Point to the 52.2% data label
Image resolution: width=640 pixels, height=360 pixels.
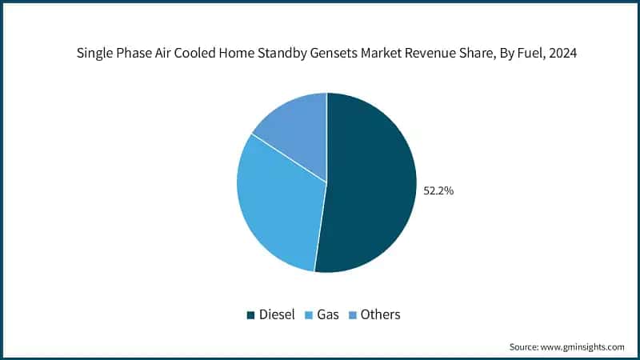point(438,191)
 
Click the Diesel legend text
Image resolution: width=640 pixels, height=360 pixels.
point(277,314)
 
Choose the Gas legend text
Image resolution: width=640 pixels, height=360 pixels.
point(328,314)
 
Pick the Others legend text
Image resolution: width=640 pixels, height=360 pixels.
point(380,314)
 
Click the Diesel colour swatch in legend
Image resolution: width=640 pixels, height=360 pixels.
point(250,315)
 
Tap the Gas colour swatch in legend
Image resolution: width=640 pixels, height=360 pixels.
point(309,315)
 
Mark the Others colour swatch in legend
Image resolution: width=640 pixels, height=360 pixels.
point(353,315)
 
